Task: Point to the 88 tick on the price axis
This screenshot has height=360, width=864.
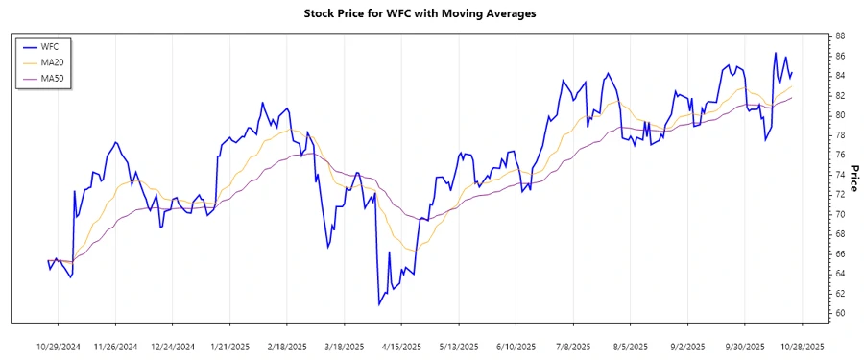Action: (x=840, y=36)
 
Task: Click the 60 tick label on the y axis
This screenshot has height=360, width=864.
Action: (x=840, y=313)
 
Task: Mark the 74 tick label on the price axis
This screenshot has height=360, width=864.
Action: (x=840, y=175)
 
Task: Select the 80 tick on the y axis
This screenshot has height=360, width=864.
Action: (x=840, y=115)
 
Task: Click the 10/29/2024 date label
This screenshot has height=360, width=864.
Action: (x=59, y=346)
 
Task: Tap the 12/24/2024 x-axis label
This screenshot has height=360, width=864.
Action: (x=174, y=346)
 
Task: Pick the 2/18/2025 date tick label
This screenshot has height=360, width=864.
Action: (x=287, y=346)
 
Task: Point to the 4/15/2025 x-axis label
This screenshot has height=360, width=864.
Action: (x=401, y=346)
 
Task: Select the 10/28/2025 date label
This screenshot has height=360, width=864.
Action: (x=802, y=346)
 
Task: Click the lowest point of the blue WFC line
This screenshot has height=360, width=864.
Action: (x=379, y=304)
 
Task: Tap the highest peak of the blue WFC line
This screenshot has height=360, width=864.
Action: (x=775, y=53)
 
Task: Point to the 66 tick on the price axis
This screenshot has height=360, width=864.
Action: (x=840, y=253)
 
